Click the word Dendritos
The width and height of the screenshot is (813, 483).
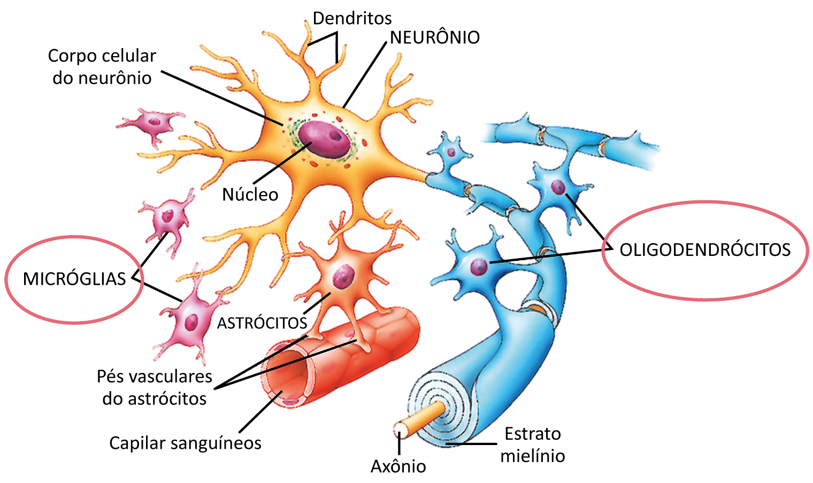point(352,18)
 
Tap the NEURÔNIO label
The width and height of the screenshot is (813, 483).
point(435,37)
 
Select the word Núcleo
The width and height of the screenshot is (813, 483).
point(250,194)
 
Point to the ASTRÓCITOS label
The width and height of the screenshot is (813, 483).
point(262,323)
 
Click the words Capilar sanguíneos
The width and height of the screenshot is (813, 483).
point(185,443)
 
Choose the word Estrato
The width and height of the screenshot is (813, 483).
point(532,433)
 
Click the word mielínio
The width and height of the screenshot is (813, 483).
point(532,456)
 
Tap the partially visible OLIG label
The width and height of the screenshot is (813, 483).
point(641,250)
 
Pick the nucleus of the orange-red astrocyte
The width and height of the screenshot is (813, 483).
point(340,278)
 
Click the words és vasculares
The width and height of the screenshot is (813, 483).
point(159,376)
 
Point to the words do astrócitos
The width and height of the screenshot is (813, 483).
point(156,399)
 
